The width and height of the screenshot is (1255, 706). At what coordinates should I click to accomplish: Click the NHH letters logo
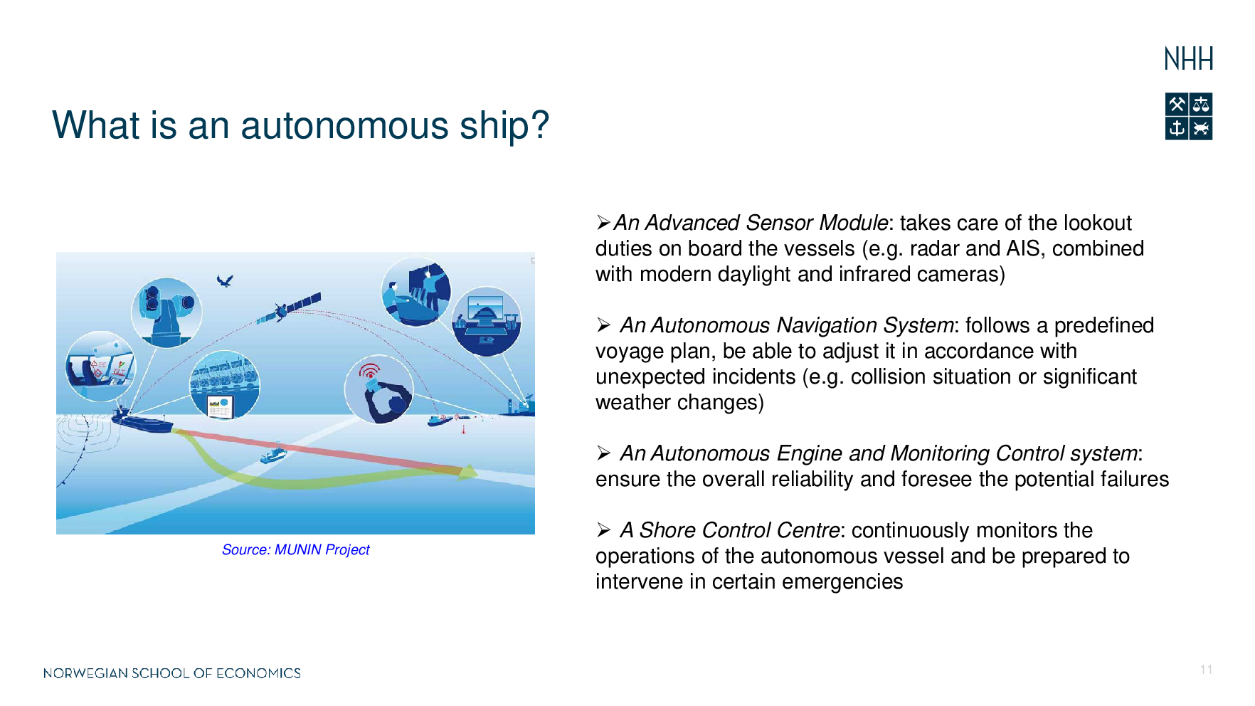[x=1188, y=59]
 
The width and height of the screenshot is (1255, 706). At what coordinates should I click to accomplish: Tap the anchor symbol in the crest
[x=1177, y=129]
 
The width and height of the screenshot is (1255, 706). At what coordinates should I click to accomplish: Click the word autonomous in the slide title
[x=344, y=125]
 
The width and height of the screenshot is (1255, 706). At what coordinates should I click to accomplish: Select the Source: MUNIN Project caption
[x=296, y=549]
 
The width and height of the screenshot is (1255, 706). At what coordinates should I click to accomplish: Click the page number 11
[x=1206, y=670]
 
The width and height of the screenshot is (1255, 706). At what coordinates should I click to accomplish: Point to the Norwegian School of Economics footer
[x=172, y=673]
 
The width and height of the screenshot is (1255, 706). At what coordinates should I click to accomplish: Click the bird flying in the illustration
[x=225, y=281]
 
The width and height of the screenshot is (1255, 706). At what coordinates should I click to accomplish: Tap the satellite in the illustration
[x=289, y=308]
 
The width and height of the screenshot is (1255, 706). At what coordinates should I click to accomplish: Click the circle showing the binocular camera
[x=167, y=312]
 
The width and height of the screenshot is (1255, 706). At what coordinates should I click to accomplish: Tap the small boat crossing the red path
[x=273, y=453]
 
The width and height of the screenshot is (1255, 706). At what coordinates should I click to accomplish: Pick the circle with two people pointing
[x=416, y=292]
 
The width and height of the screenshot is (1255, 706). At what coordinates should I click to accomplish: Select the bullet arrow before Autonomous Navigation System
[x=604, y=325]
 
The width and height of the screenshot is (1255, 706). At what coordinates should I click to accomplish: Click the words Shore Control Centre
[x=739, y=530]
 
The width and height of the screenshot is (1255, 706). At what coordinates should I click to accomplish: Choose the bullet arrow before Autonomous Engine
[x=604, y=453]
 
